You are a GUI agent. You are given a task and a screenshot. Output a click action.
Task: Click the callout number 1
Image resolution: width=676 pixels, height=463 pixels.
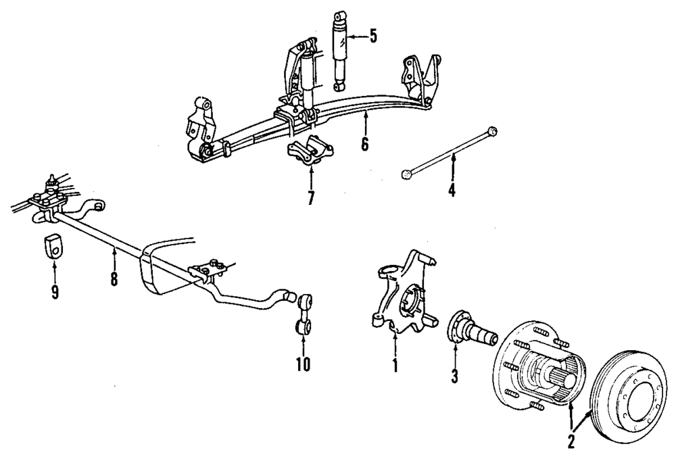(x=395, y=365)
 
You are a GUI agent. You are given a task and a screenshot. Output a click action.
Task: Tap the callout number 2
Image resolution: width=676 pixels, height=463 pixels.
(x=572, y=443)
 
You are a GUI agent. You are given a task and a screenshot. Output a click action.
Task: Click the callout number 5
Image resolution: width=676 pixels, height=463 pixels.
(x=372, y=36)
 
